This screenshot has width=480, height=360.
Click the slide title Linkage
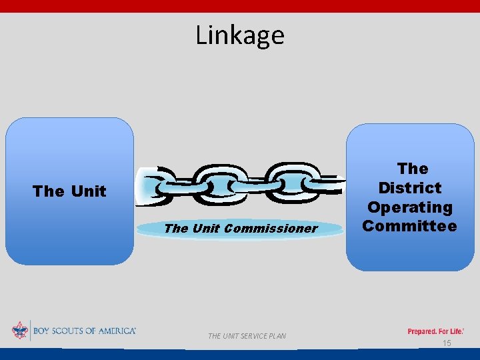[x=240, y=35]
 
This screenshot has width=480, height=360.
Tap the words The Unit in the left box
[x=69, y=191]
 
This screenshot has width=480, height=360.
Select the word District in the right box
[x=410, y=188]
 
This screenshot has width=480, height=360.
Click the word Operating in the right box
[x=410, y=207]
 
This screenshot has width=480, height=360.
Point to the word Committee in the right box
[x=410, y=226]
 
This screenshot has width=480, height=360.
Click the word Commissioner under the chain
[x=271, y=229]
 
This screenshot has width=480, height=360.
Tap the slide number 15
[x=447, y=343]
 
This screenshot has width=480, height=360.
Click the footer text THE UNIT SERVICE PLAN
[x=247, y=336]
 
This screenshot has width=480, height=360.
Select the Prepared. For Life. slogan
[x=435, y=331]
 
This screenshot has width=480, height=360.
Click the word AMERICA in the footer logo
[x=115, y=331]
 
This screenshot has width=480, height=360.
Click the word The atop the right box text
[x=413, y=169]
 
